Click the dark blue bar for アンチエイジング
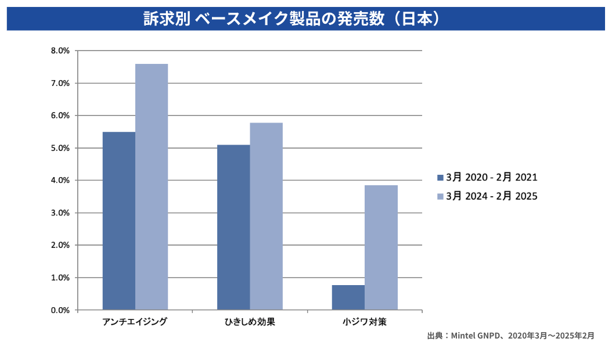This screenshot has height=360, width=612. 119,221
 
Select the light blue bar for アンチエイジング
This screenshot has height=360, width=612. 152,186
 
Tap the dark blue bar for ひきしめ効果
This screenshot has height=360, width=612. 233,227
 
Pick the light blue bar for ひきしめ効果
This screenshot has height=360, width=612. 267,216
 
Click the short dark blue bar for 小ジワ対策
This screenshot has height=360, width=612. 348,297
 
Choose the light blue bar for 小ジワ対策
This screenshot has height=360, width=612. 381,247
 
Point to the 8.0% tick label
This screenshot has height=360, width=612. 60,51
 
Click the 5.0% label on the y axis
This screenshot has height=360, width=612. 60,148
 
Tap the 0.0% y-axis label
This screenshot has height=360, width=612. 60,310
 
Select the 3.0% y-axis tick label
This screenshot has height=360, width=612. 60,213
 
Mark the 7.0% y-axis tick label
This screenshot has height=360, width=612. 60,84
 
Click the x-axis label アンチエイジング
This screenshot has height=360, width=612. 135,322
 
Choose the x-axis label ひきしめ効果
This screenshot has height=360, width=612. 250,322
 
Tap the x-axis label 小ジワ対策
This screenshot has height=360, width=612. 365,322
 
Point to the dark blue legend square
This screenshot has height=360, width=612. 440,177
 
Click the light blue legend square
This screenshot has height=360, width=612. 440,196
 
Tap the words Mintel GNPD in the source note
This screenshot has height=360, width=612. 471,336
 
